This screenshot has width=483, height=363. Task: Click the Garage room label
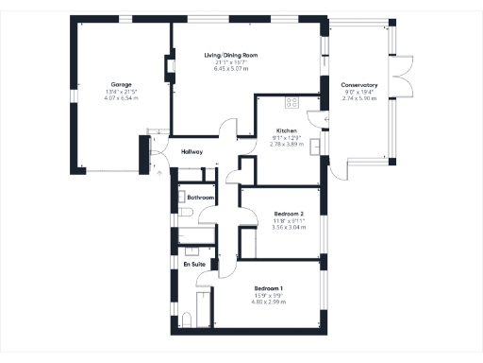pyautogui.click(x=121, y=84)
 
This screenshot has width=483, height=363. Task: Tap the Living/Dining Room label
pyautogui.click(x=231, y=56)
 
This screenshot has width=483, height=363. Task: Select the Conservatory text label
pyautogui.click(x=359, y=85)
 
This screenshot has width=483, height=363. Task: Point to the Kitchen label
pyautogui.click(x=287, y=130)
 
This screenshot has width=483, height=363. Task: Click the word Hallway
pyautogui.click(x=192, y=151)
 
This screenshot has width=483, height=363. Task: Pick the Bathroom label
pyautogui.click(x=201, y=197)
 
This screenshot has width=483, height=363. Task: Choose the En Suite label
pyautogui.click(x=194, y=264)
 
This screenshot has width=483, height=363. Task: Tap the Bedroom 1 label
pyautogui.click(x=269, y=287)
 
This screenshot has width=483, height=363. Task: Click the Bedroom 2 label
pyautogui.click(x=289, y=214)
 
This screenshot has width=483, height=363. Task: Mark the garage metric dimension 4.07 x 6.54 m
pyautogui.click(x=121, y=97)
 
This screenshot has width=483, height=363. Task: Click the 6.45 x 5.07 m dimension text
pyautogui.click(x=231, y=69)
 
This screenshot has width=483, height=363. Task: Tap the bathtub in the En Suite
pyautogui.click(x=201, y=306)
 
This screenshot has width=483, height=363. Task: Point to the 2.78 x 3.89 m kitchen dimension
pyautogui.click(x=287, y=144)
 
